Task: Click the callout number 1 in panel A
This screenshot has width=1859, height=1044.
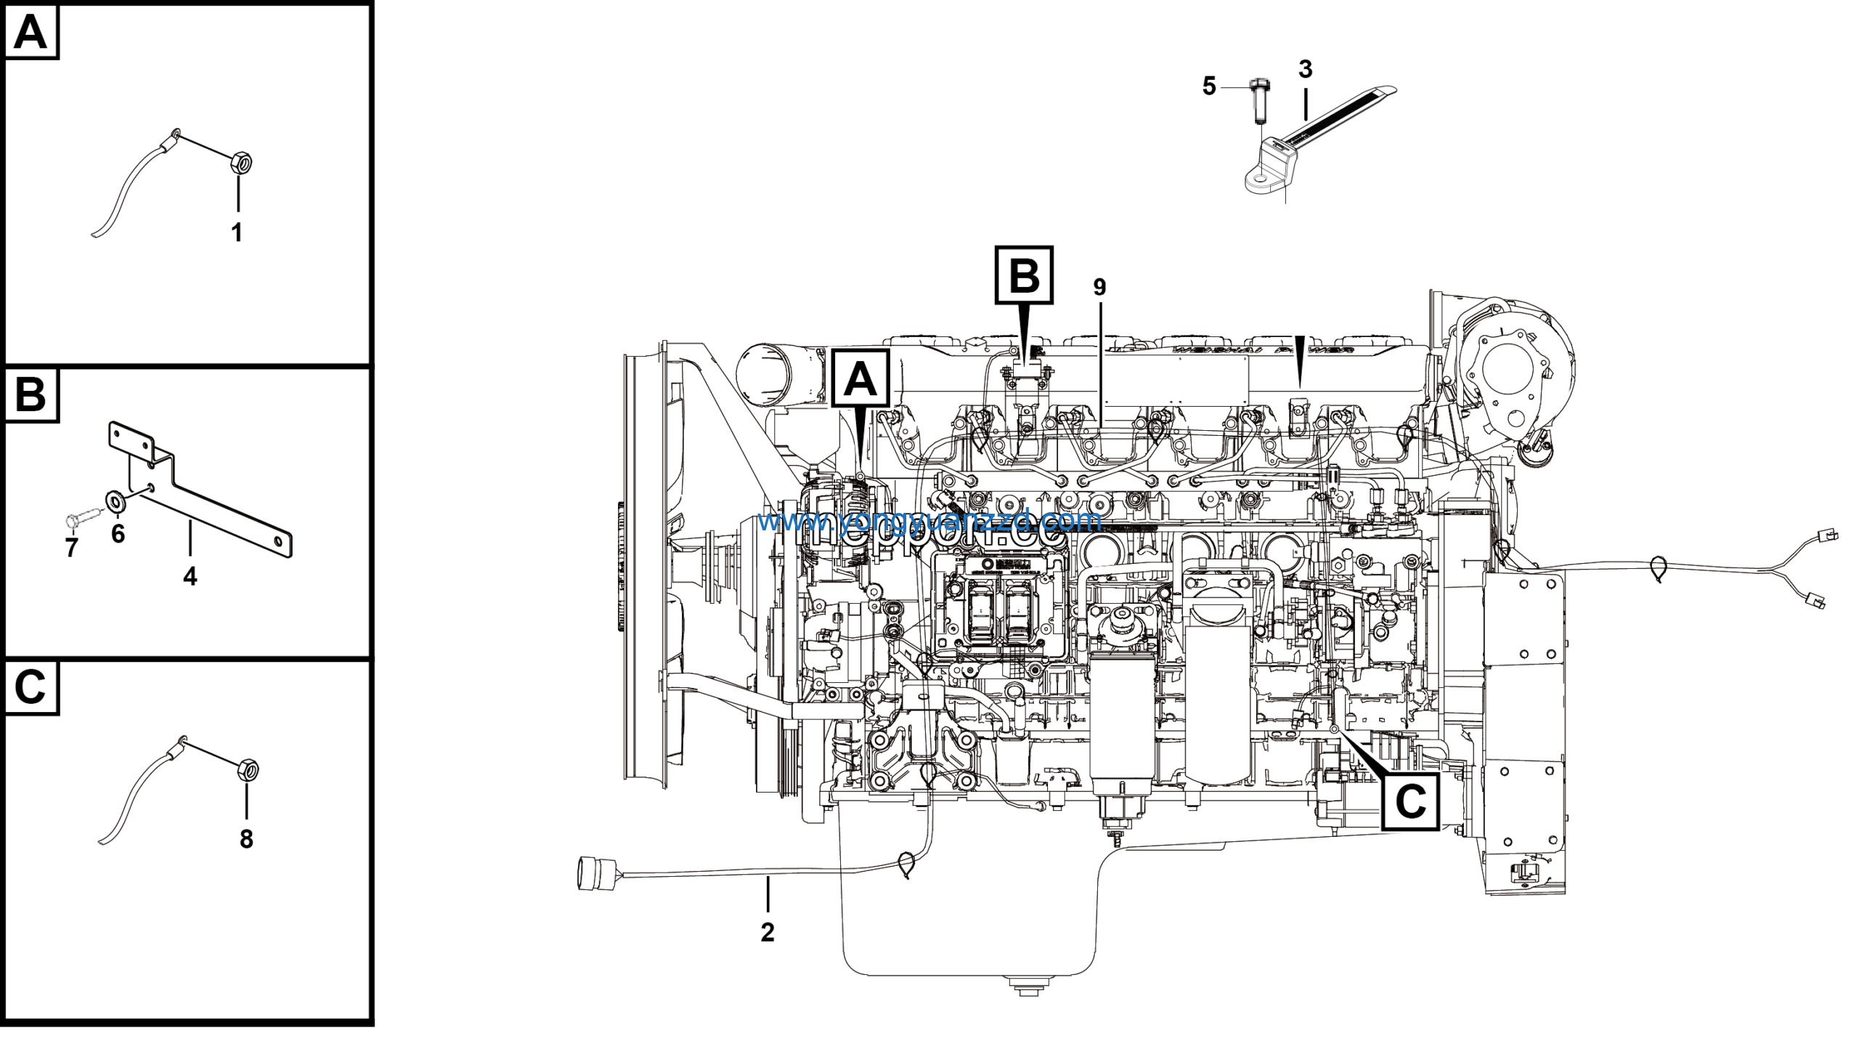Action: pos(236,233)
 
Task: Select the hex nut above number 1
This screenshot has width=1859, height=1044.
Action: pos(240,162)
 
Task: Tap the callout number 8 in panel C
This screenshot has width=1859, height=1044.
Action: pos(246,839)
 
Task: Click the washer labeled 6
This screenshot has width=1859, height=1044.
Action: pos(115,501)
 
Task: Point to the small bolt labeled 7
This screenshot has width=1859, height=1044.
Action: pos(76,520)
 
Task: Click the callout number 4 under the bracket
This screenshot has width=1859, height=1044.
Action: pos(190,576)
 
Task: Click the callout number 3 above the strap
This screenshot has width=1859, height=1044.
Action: pos(1305,70)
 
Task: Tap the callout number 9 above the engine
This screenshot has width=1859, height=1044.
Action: pos(1099,288)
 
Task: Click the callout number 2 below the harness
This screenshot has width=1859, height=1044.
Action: pos(768,932)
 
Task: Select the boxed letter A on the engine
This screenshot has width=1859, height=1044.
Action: pos(861,379)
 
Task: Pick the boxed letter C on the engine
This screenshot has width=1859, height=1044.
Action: pos(1410,803)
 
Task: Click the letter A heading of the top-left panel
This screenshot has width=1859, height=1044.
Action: pos(30,33)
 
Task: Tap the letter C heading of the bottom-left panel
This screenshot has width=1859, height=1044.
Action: pos(30,687)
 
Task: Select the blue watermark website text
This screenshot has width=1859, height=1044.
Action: pos(929,520)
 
